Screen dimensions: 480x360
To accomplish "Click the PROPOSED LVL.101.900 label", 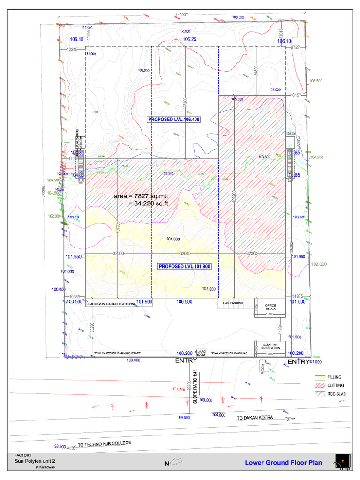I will [184, 266].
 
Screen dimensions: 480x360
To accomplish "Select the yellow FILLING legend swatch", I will [320, 377].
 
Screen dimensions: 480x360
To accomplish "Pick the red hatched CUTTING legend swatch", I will [320, 385].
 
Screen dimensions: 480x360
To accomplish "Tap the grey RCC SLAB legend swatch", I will [320, 393].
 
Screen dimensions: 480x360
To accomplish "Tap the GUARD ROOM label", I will [201, 353].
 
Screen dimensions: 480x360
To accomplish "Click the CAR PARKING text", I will [233, 303].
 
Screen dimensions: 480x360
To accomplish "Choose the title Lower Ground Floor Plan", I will [283, 463].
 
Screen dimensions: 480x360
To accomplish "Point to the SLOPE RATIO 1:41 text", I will [195, 387].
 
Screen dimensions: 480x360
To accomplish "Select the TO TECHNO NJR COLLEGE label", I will [104, 443].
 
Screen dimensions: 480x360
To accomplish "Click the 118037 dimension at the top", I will [181, 15].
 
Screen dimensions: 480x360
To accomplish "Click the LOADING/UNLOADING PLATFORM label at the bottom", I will [111, 304].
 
